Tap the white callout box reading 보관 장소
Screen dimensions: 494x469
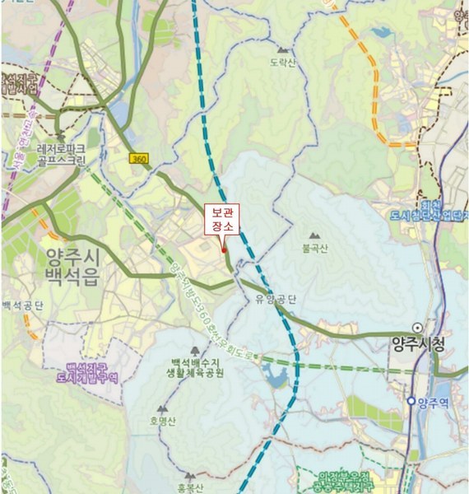point(221,218)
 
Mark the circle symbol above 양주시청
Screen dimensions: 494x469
point(418,327)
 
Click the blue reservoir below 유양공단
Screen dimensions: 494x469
point(277,376)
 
